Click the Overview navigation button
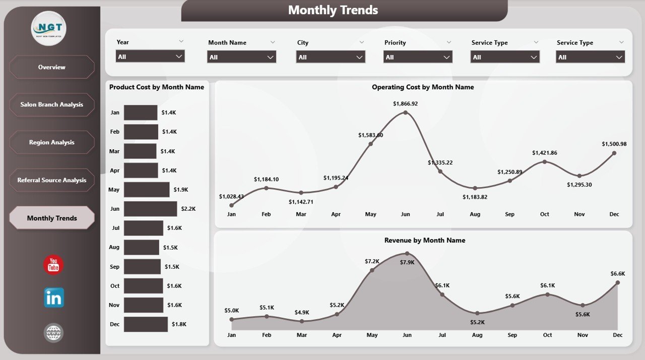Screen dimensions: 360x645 point(52,67)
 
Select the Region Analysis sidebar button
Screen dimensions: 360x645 point(52,142)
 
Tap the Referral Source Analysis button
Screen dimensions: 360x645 point(52,180)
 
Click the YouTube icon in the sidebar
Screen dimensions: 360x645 point(53,265)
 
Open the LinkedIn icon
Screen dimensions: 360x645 point(53,298)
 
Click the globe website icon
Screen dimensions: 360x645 point(53,333)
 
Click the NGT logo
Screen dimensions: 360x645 point(49,29)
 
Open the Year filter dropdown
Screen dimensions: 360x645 point(150,56)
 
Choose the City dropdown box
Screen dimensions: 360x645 point(330,57)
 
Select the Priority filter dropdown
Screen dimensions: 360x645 point(418,57)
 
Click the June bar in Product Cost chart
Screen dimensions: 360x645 point(150,209)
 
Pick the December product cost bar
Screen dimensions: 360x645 point(146,324)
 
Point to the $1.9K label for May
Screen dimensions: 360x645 point(181,190)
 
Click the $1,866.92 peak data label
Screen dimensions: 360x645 point(405,103)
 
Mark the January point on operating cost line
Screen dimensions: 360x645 point(231,205)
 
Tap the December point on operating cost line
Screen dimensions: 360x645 point(614,153)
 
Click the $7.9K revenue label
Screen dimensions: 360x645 point(407,262)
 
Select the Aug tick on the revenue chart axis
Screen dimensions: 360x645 point(477,335)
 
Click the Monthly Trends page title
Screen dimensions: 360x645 point(333,10)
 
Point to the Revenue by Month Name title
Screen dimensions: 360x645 point(424,241)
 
